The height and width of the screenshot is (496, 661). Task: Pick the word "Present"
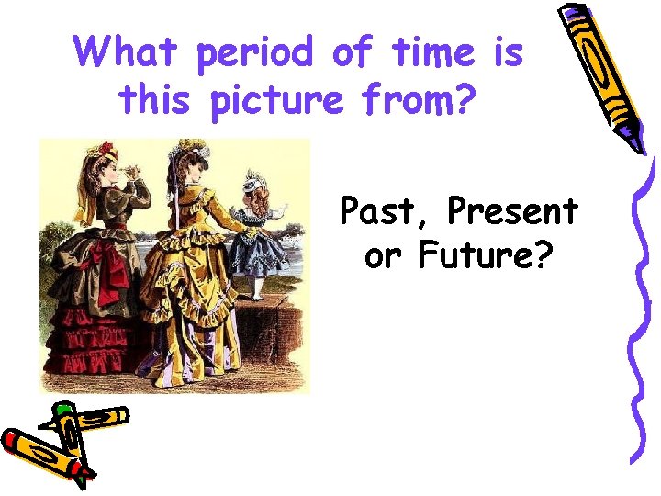click(x=512, y=212)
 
